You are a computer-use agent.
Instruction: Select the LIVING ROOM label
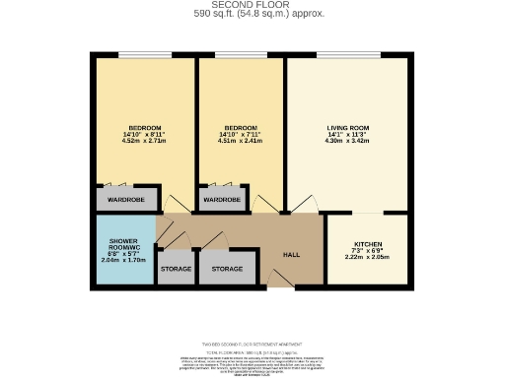pyautogui.click(x=347, y=129)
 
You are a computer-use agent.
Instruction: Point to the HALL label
pyautogui.click(x=292, y=253)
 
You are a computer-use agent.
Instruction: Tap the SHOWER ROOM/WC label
pyautogui.click(x=124, y=246)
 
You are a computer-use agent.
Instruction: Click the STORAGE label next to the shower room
pyautogui.click(x=176, y=269)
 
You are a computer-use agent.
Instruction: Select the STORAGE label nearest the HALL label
pyautogui.click(x=227, y=269)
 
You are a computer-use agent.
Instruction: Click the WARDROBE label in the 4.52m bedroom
pyautogui.click(x=126, y=200)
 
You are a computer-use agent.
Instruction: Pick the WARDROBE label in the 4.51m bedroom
pyautogui.click(x=222, y=200)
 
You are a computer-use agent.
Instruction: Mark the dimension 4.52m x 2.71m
pyautogui.click(x=144, y=142)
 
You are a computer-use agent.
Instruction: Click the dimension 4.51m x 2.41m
pyautogui.click(x=241, y=142)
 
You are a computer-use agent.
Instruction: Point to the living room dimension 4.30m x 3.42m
pyautogui.click(x=347, y=142)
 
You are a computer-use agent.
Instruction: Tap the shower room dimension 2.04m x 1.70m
pyautogui.click(x=124, y=261)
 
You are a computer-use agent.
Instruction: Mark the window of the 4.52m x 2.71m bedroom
pyautogui.click(x=144, y=55)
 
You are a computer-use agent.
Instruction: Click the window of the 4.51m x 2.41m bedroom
pyautogui.click(x=241, y=55)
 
